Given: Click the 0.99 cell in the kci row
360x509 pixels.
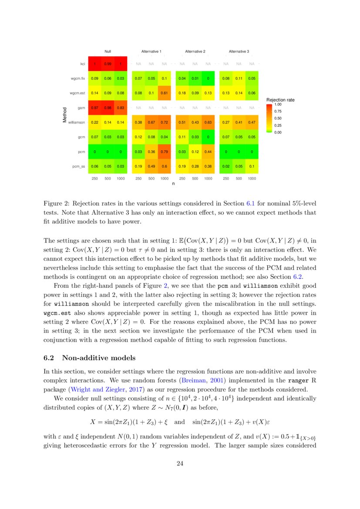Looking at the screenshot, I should tap(108, 64).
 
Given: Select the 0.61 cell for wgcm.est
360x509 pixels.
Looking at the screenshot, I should tap(164, 93).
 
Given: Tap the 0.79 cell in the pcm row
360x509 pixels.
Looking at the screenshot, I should tap(164, 152).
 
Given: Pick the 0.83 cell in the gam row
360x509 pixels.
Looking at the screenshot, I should tap(120, 108).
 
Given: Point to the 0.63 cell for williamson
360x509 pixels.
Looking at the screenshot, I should tap(208, 122).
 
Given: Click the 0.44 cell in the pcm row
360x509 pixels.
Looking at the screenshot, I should tap(208, 152).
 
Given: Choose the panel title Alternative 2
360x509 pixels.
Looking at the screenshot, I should tap(195, 51).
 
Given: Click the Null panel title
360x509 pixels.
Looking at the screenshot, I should tap(108, 51).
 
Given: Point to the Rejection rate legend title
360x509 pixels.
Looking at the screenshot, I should tap(280, 100).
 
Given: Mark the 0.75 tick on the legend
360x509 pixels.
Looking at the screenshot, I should tap(278, 111).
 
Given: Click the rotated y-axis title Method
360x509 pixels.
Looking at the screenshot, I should tap(65, 115).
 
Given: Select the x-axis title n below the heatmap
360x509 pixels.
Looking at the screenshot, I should tap(173, 184).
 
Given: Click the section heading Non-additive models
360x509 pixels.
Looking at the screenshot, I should tap(99, 358).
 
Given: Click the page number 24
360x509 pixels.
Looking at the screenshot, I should tap(180, 464).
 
